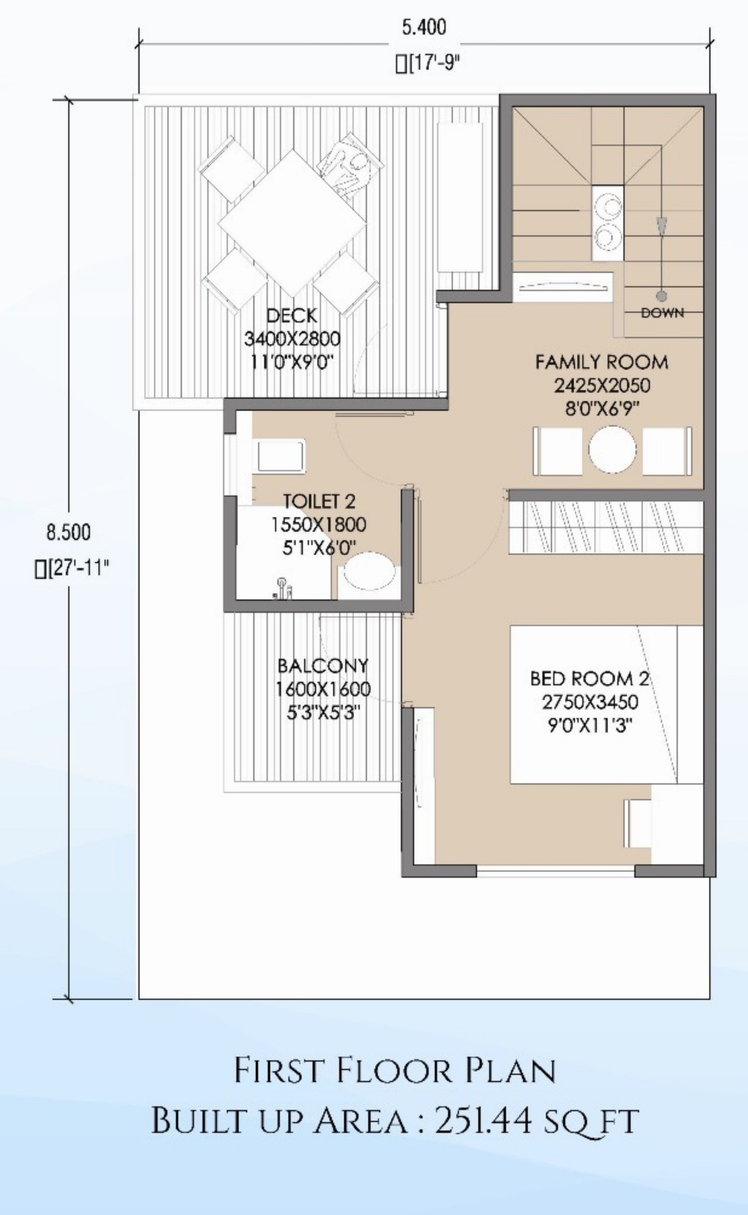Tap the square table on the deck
pyautogui.click(x=292, y=224)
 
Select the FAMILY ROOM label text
pyautogui.click(x=602, y=362)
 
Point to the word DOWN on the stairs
pyautogui.click(x=662, y=313)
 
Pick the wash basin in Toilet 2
pyautogui.click(x=280, y=455)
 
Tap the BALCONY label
pyautogui.click(x=323, y=665)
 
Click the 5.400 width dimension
pyautogui.click(x=424, y=28)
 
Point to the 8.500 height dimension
pyautogui.click(x=69, y=532)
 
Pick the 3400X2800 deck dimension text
pyautogui.click(x=292, y=339)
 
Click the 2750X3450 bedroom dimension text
pyautogui.click(x=590, y=702)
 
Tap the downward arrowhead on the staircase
pyautogui.click(x=661, y=228)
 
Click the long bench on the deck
pyautogui.click(x=460, y=197)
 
